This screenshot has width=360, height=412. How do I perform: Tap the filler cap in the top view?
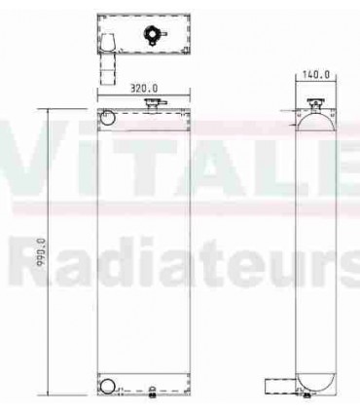point(152,35)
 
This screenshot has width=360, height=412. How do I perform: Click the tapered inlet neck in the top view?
point(108,44)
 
